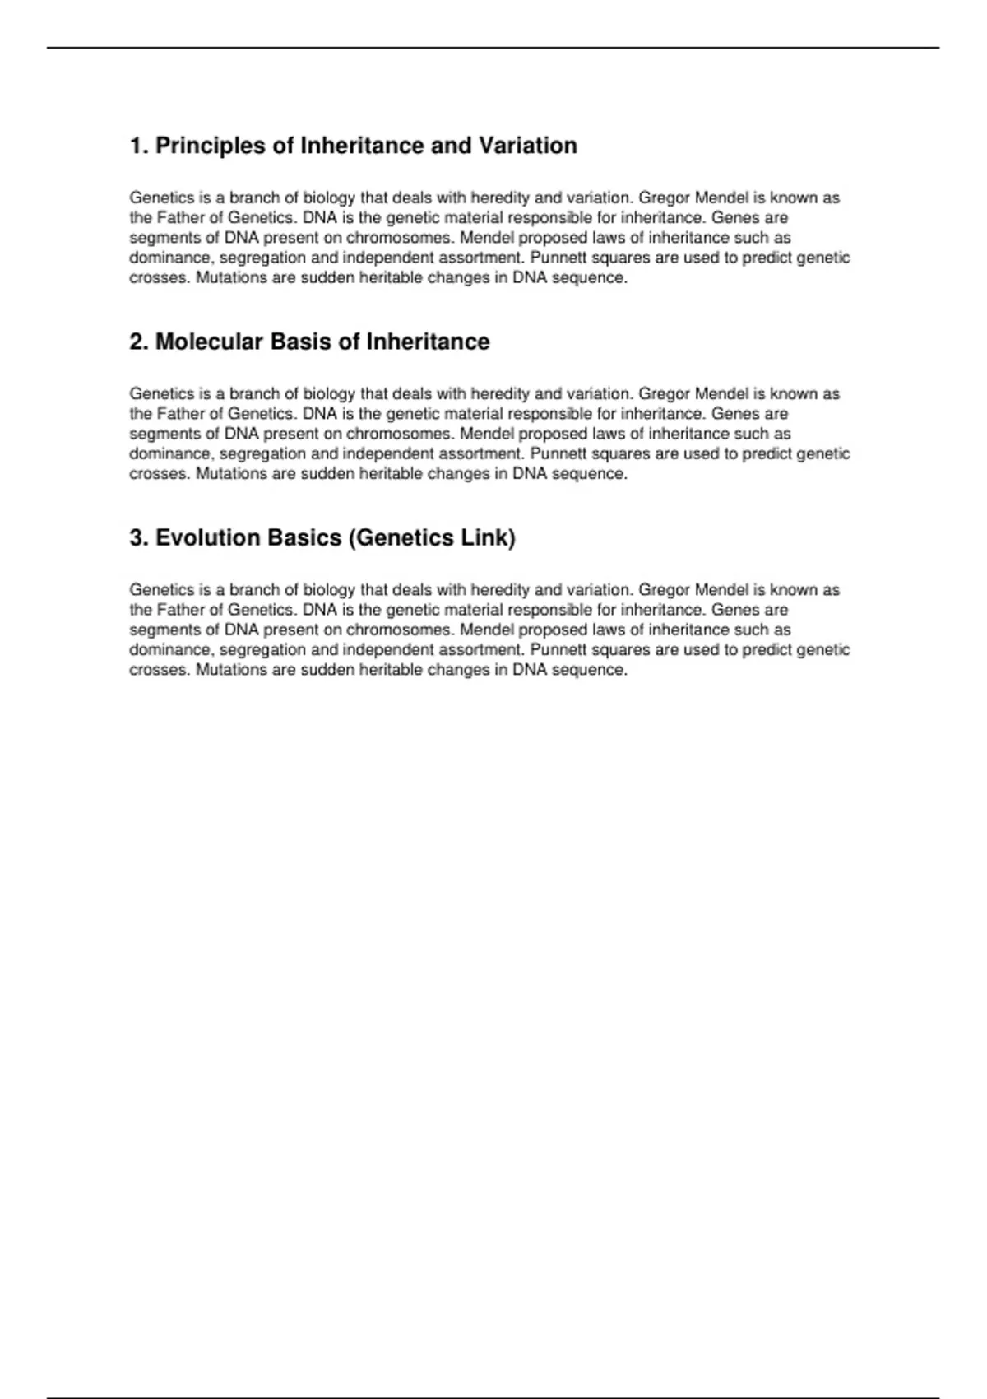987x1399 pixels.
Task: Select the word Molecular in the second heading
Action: pyautogui.click(x=209, y=342)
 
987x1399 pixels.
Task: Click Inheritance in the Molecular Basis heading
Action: pyautogui.click(x=428, y=342)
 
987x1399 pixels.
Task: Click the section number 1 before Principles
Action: pyautogui.click(x=137, y=146)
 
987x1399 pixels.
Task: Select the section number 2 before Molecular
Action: pyautogui.click(x=137, y=342)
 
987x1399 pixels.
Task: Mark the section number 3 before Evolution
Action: pyautogui.click(x=137, y=537)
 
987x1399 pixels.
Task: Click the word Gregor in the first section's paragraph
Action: pyautogui.click(x=664, y=198)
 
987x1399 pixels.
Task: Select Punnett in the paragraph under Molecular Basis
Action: pyautogui.click(x=558, y=453)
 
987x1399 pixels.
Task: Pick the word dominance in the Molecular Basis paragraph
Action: pyautogui.click(x=170, y=453)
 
